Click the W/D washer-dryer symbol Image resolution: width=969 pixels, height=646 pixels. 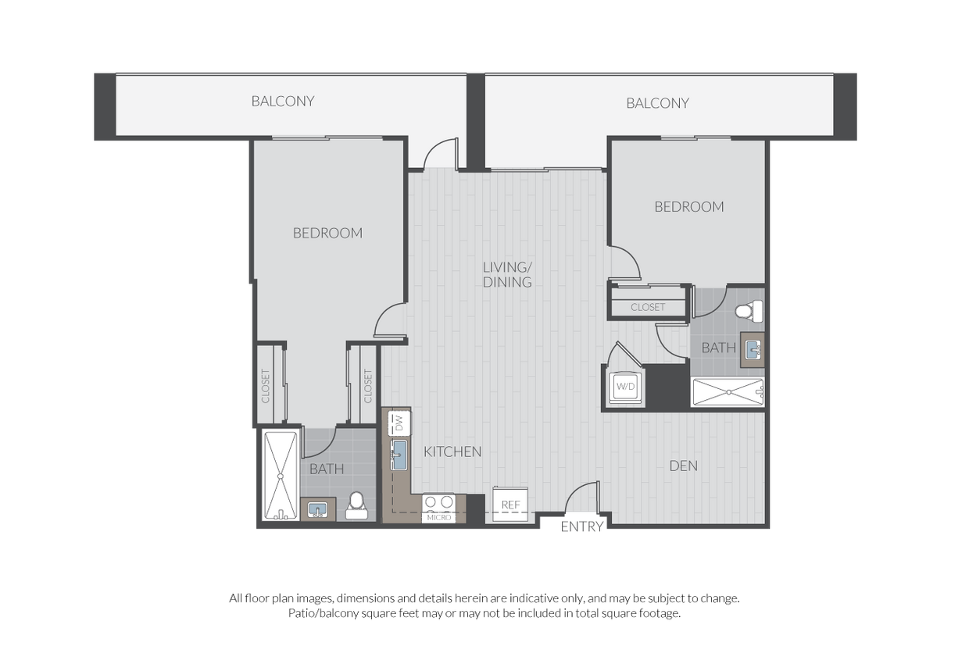(625, 386)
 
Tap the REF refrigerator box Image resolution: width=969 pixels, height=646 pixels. (510, 504)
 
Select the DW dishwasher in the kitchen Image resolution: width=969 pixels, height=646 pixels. (399, 423)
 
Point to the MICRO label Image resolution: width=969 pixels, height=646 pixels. (439, 518)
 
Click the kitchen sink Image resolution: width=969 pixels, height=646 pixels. (399, 455)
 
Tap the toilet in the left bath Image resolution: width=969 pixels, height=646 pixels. (356, 505)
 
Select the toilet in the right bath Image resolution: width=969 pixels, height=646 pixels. (749, 311)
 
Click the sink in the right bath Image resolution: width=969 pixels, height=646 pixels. (753, 349)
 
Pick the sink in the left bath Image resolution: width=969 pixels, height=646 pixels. (318, 510)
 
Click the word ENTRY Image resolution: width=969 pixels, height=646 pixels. (582, 526)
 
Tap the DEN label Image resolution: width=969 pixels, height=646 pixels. (684, 466)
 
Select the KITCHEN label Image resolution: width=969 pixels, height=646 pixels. (452, 451)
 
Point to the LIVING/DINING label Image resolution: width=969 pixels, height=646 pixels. (507, 275)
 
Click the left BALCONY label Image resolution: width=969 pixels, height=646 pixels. (283, 102)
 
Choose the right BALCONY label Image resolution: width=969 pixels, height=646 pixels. (657, 103)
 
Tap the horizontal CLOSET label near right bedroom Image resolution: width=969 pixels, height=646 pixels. (648, 307)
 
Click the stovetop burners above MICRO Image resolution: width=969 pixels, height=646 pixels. (438, 502)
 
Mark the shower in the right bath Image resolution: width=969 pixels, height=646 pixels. (728, 392)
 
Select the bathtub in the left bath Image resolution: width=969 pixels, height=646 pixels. (281, 476)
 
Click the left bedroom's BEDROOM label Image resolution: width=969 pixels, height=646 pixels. (328, 233)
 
